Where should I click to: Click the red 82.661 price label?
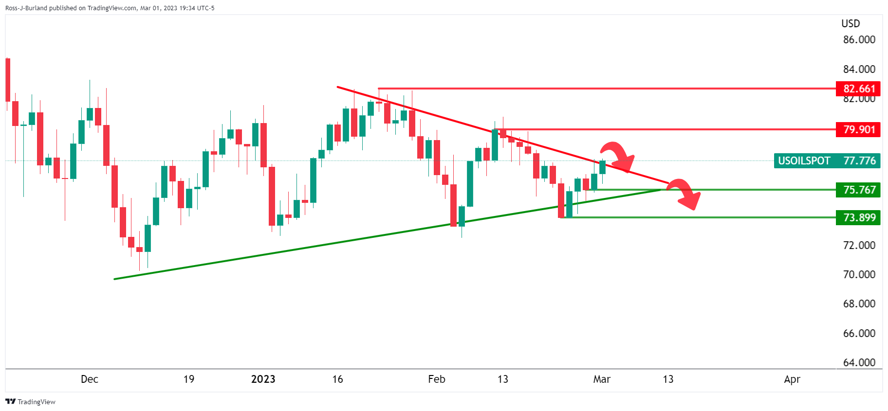point(858,89)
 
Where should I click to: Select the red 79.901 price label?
point(858,129)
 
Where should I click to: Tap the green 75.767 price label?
point(858,190)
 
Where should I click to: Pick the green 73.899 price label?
point(858,217)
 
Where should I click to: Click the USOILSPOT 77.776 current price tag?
point(827,161)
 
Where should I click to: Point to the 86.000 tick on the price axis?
point(859,40)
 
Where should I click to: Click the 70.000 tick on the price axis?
point(859,274)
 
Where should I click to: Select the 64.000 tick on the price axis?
point(859,362)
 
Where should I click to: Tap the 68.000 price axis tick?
point(859,304)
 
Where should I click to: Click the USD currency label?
point(851,23)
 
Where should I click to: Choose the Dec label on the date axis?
point(90,379)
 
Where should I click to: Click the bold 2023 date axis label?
point(263,379)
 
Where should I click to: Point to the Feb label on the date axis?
point(437,379)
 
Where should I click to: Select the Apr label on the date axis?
point(792,379)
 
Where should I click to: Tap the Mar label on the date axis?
point(602,379)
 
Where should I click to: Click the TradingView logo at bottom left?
point(30,402)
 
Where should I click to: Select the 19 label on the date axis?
point(189,379)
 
